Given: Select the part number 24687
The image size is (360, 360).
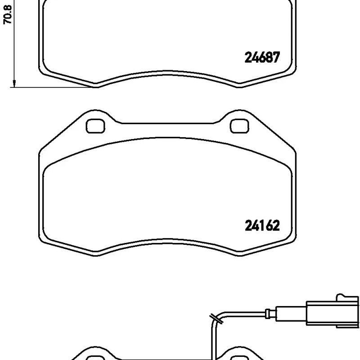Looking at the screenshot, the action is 262,57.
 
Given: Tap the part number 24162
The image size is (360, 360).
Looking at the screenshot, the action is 262,225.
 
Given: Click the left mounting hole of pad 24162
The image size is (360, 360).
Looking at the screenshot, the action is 95,126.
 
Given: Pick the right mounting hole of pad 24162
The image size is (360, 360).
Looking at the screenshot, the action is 239,126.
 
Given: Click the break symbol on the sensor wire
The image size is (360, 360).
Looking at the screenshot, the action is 216,319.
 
